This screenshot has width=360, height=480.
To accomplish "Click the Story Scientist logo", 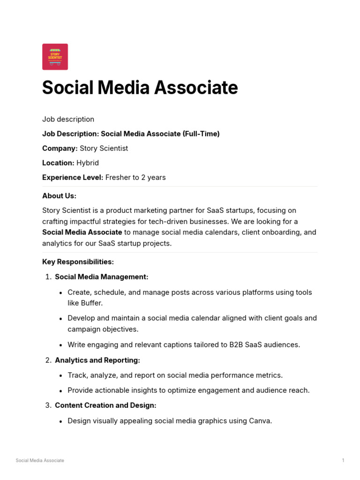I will [55, 57].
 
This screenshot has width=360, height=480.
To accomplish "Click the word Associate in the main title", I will [196, 88].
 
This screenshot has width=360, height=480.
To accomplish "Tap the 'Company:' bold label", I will [60, 148].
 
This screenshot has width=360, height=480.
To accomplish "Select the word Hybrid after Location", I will [88, 163].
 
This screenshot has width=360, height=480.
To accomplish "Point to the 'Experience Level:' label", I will [72, 177].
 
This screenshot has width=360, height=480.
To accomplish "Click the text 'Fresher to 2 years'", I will [135, 177].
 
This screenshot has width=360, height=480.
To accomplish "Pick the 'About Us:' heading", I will [59, 195].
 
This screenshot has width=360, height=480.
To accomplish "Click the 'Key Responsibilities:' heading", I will [78, 262].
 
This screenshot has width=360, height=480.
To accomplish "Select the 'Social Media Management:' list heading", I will [101, 277].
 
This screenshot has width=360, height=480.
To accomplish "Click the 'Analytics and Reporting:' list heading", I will [97, 360].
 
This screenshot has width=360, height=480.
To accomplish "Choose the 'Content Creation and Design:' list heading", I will [105, 405].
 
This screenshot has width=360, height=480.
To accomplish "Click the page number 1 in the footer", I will [343, 460].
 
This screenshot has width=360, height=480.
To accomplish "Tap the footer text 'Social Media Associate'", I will [40, 460].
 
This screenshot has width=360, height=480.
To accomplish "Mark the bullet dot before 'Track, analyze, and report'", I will [61, 376].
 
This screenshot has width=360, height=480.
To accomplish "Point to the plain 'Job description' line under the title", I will [68, 119].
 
